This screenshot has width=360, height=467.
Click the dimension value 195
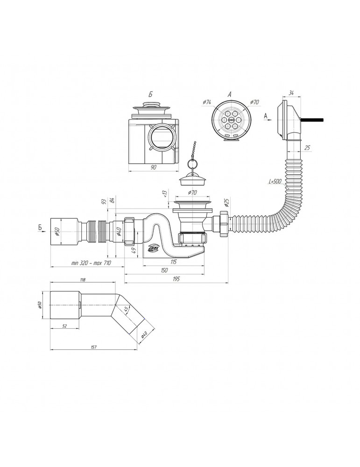(176, 279)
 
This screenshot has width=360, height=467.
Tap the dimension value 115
(174, 262)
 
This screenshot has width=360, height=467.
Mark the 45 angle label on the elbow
(126, 310)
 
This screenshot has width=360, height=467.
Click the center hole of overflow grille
(230, 119)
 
